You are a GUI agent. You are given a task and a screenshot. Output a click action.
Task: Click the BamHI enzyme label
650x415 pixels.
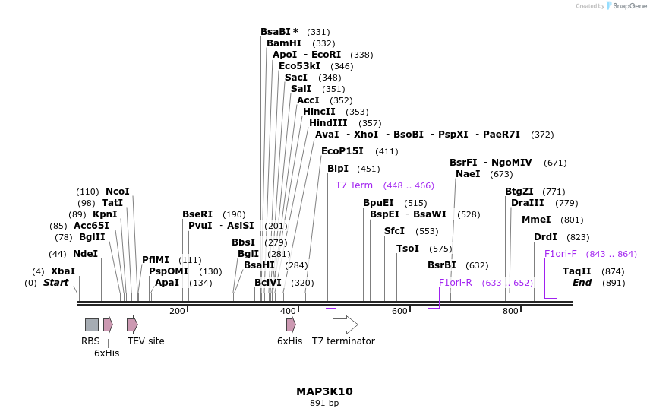pos(284,43)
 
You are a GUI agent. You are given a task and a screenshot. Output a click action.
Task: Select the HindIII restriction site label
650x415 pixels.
pos(328,123)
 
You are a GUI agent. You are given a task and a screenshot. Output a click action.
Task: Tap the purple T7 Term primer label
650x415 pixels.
pos(354,185)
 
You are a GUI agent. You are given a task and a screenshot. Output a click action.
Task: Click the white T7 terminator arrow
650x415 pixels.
pos(346,325)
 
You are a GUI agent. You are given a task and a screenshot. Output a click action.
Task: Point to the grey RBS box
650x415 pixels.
pos(91,325)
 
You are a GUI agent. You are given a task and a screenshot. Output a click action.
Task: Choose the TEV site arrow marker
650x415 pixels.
pos(132,325)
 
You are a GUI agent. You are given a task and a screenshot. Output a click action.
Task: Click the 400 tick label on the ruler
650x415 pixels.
pos(289,311)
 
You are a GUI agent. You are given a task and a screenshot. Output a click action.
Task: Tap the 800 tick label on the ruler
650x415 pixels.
pos(511,311)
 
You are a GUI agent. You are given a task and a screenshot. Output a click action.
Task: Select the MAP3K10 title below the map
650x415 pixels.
pos(324,391)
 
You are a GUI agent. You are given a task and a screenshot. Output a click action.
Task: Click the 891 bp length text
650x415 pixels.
pos(324,403)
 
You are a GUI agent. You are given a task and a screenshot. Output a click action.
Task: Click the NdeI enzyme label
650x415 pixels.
pos(85,254)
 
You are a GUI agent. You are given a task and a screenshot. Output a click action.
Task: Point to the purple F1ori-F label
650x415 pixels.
pos(560,254)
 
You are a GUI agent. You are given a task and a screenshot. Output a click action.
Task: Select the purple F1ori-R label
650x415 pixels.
pos(456,283)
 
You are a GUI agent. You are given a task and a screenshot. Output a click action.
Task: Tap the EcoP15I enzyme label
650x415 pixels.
pos(342,151)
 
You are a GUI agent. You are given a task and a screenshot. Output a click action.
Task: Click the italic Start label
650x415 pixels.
pos(55,283)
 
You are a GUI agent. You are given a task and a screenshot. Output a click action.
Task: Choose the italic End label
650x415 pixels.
pos(582,283)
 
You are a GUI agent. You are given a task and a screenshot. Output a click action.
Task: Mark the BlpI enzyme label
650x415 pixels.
pos(338,169)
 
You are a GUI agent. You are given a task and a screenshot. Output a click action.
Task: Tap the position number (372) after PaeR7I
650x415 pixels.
pos(542,135)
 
